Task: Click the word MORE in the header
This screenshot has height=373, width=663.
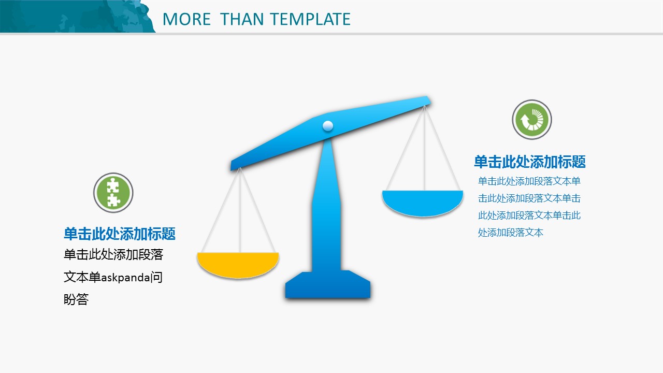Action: (x=187, y=19)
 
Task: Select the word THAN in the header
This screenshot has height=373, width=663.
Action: (x=241, y=19)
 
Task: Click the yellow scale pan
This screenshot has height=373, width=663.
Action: (x=238, y=265)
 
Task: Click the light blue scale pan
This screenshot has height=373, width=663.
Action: (x=423, y=203)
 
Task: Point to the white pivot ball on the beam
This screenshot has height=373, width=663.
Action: (x=328, y=126)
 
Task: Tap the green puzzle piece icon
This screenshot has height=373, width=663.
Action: (x=113, y=193)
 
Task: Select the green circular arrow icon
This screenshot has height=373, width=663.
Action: (x=532, y=120)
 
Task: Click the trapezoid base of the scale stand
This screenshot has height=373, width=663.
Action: (x=328, y=284)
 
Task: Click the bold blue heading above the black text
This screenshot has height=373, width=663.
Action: (x=120, y=234)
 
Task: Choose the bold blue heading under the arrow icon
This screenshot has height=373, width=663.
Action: (x=530, y=162)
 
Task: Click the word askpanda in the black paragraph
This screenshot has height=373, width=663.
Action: (x=125, y=278)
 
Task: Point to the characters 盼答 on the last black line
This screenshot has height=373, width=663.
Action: (x=76, y=299)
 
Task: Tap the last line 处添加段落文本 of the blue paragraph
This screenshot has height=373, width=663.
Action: (x=511, y=233)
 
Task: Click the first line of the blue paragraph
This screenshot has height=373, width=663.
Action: (x=529, y=181)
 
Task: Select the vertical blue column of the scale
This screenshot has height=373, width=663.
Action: (x=327, y=204)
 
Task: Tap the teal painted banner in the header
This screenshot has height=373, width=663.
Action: (x=77, y=16)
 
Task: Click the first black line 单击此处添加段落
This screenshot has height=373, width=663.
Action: (x=113, y=254)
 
